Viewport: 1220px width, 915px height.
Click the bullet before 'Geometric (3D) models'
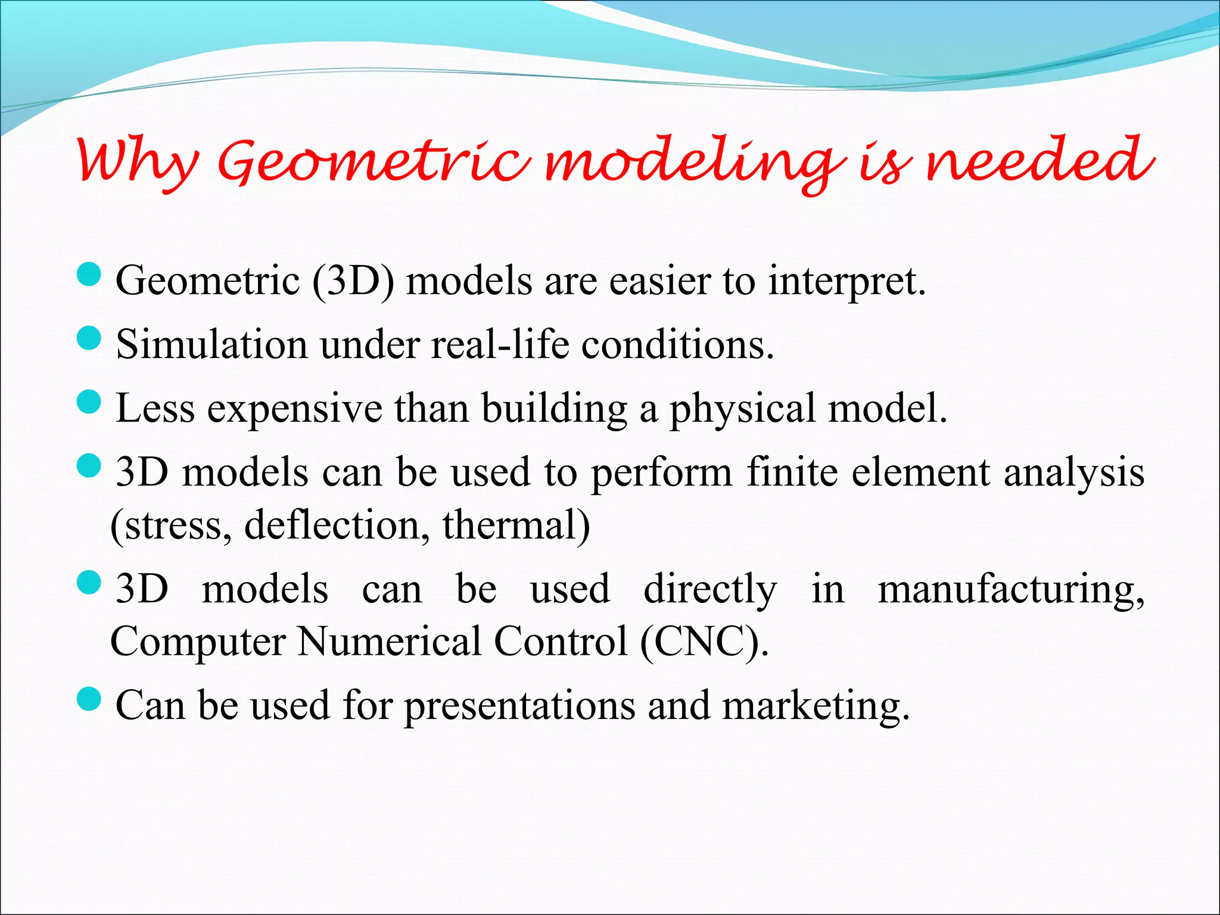[89, 275]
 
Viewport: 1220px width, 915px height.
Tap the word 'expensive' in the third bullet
[294, 410]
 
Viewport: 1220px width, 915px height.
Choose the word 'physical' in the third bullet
[742, 410]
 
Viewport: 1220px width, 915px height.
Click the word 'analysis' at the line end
[1073, 474]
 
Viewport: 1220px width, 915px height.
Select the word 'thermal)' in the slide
[516, 526]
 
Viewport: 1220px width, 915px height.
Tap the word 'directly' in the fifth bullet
[710, 590]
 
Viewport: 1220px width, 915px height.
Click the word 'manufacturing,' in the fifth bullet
[1011, 590]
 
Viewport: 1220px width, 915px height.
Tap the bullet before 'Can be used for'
[89, 699]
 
